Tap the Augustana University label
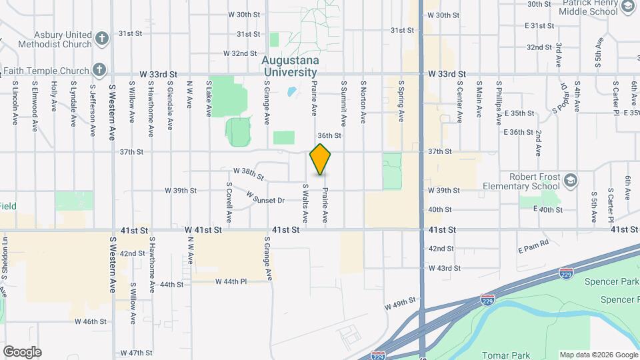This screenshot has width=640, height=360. pos(290,65)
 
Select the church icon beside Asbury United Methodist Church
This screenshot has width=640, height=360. pos(102,37)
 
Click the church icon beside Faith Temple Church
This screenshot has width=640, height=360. pos(99,69)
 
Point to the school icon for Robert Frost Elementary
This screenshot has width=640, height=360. pos(570,180)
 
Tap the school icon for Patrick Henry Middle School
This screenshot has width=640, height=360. pos(627,7)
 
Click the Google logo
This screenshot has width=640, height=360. pos(22,351)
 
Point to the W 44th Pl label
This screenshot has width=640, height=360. pos(231,282)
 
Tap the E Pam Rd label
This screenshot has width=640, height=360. pos(533,246)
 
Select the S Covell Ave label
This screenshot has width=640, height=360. pos(229,202)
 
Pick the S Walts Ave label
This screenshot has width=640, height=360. pos(305,203)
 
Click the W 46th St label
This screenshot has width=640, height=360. pos(91,321)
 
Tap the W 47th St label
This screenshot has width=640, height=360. pos(136,352)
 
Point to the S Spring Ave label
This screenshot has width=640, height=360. pos(401,101)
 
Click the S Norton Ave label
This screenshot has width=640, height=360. pos(363,101)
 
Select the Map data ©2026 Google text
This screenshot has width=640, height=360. pos(598,355)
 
